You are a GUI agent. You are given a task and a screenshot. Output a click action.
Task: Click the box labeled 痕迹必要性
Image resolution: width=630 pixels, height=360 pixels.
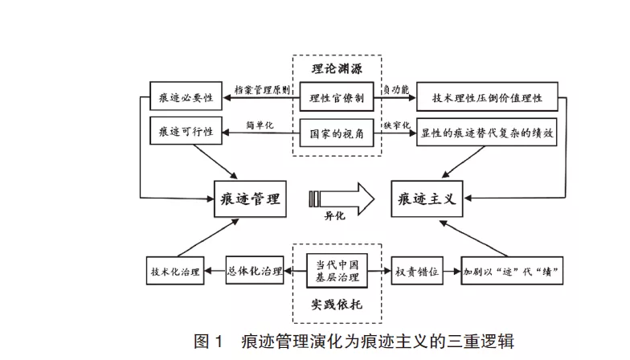click(x=186, y=98)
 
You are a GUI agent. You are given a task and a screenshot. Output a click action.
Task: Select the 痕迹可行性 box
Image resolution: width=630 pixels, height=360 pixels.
click(x=186, y=130)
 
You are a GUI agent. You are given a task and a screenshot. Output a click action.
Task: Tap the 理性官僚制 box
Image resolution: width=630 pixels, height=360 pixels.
click(x=337, y=98)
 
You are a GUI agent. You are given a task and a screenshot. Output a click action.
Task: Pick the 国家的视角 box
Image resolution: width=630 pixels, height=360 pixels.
click(x=337, y=132)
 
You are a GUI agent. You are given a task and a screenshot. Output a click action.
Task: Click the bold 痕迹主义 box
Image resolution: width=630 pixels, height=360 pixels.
click(x=427, y=198)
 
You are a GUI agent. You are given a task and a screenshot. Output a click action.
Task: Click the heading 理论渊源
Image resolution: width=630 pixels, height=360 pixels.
click(x=336, y=68)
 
